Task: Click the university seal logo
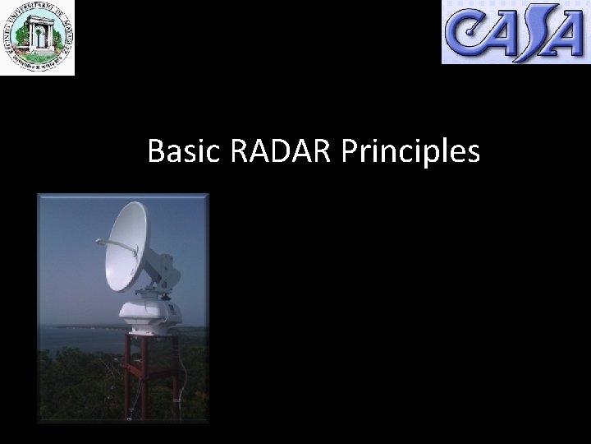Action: point(38,37)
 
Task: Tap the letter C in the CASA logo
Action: point(466,35)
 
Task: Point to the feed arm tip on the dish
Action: point(98,241)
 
